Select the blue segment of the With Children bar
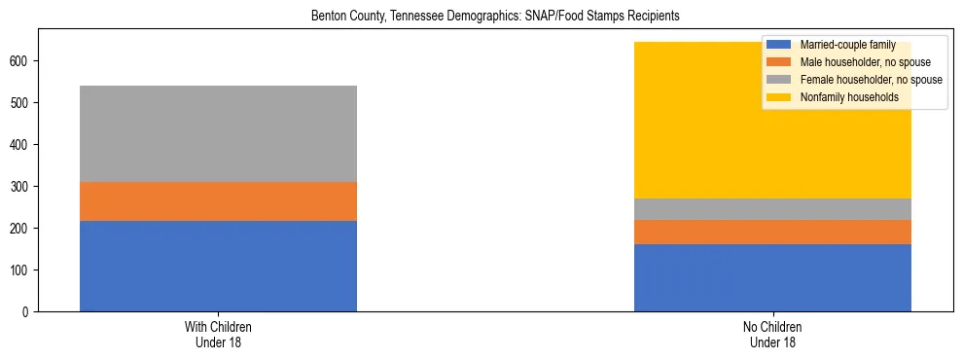click(218, 266)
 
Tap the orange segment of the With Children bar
click(218, 201)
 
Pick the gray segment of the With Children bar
click(218, 133)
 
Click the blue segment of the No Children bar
click(772, 277)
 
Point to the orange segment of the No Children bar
click(772, 232)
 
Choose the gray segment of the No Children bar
click(772, 209)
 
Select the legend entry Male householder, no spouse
click(857, 62)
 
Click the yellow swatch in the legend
click(779, 97)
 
